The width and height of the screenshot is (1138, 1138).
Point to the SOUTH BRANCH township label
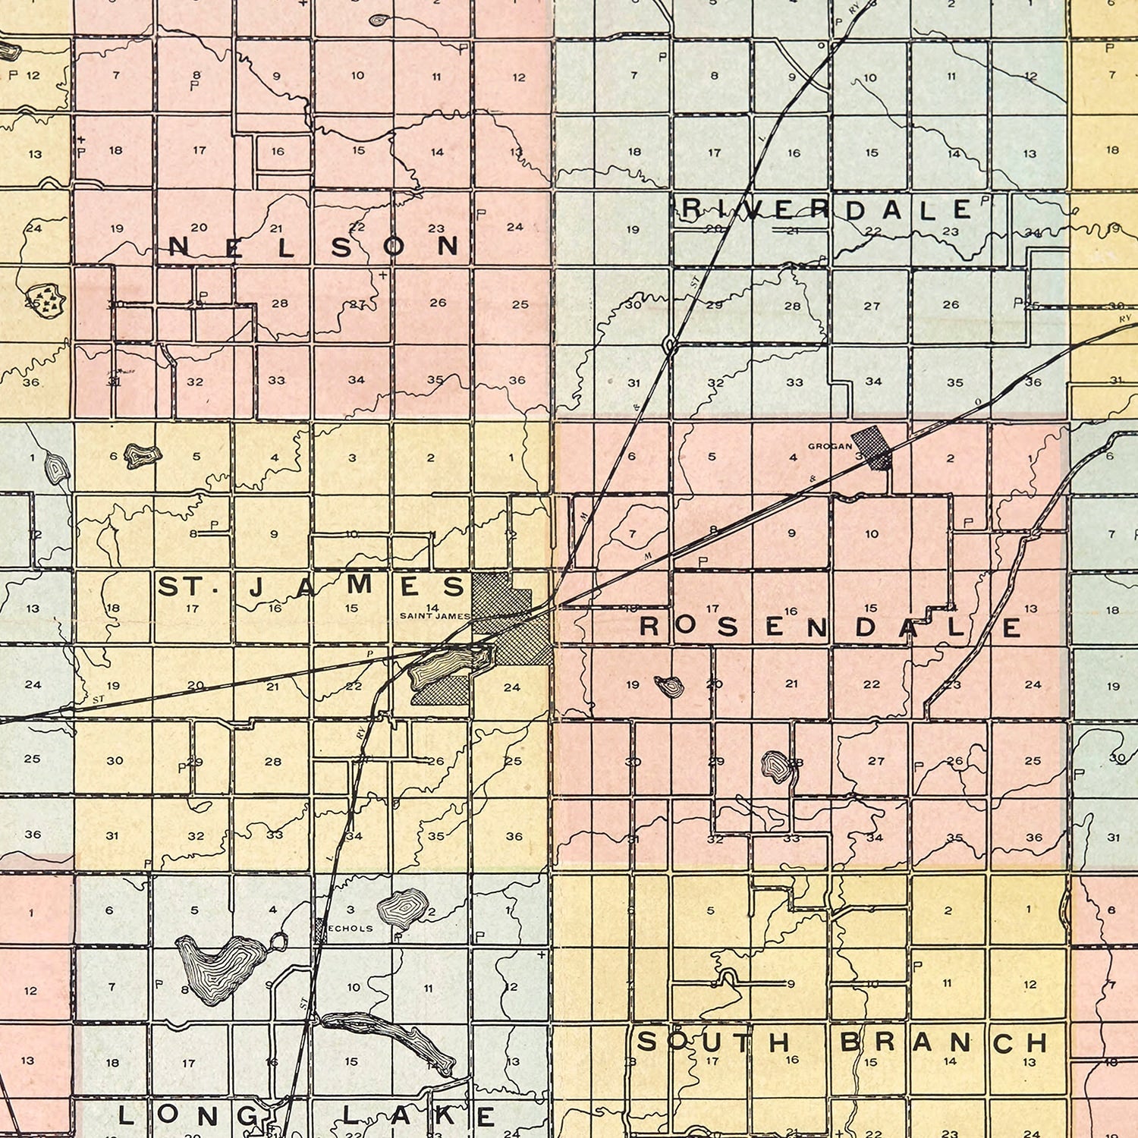[842, 1042]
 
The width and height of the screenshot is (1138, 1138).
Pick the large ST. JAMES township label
[310, 586]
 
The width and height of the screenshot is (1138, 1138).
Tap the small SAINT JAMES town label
[435, 616]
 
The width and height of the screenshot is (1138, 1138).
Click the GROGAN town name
[829, 446]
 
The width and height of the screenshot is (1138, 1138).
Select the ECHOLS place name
[350, 928]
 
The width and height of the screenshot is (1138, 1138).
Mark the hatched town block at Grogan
[871, 447]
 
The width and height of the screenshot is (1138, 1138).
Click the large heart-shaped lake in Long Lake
[218, 967]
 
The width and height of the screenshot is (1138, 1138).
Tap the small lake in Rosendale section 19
[670, 687]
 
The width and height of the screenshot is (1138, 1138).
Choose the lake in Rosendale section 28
[775, 765]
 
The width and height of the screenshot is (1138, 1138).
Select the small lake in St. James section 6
[143, 456]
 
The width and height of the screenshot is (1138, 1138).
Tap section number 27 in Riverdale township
[872, 306]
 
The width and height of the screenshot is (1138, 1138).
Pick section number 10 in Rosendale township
[872, 534]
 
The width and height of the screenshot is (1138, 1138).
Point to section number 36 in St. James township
[514, 836]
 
